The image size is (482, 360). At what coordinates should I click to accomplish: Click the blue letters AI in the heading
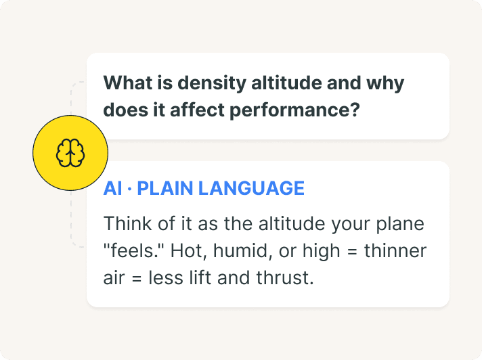point(112,188)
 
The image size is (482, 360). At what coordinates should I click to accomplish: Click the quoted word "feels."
point(134,251)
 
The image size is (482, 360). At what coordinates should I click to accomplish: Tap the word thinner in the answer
point(395,251)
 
